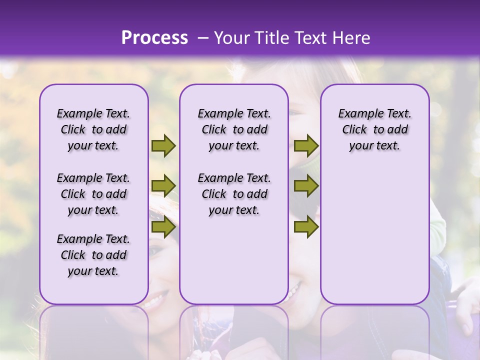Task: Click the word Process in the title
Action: (x=154, y=38)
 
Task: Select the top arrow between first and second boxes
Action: (x=163, y=145)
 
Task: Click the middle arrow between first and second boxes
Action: (x=163, y=186)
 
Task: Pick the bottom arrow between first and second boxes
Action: (x=163, y=227)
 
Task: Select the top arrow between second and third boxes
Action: (x=306, y=145)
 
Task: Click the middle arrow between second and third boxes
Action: (x=306, y=186)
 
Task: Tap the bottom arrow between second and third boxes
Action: (x=306, y=227)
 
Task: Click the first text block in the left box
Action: (x=93, y=129)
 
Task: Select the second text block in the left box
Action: (x=93, y=194)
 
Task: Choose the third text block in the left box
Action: (x=93, y=255)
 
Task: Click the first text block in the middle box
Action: (x=234, y=129)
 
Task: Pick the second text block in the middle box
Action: (x=234, y=194)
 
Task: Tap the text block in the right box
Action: (x=375, y=129)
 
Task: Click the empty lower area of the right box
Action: (x=375, y=235)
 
